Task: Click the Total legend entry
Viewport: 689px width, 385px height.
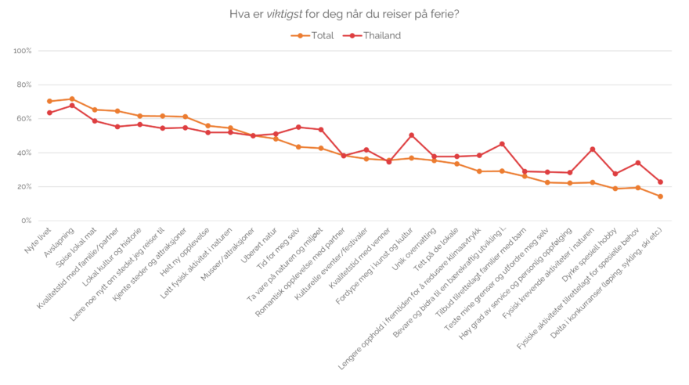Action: coord(312,35)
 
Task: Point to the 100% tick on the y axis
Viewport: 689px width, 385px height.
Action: coord(23,51)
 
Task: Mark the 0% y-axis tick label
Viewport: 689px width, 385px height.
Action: coord(26,221)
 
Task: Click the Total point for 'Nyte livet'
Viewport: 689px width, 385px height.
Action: coord(49,101)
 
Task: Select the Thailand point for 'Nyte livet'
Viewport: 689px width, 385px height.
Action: coord(49,113)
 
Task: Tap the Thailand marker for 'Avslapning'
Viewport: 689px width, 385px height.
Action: coord(72,105)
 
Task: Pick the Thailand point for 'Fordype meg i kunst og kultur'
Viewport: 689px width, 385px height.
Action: coord(411,135)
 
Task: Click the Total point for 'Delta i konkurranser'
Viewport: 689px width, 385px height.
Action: coord(660,196)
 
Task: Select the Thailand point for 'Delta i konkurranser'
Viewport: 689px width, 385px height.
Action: coord(660,182)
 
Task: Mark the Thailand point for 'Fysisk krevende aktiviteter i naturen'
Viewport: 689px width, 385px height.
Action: coord(592,149)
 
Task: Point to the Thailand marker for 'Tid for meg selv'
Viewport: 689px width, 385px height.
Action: coord(298,127)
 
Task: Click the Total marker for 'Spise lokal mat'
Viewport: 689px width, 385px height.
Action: coord(94,110)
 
